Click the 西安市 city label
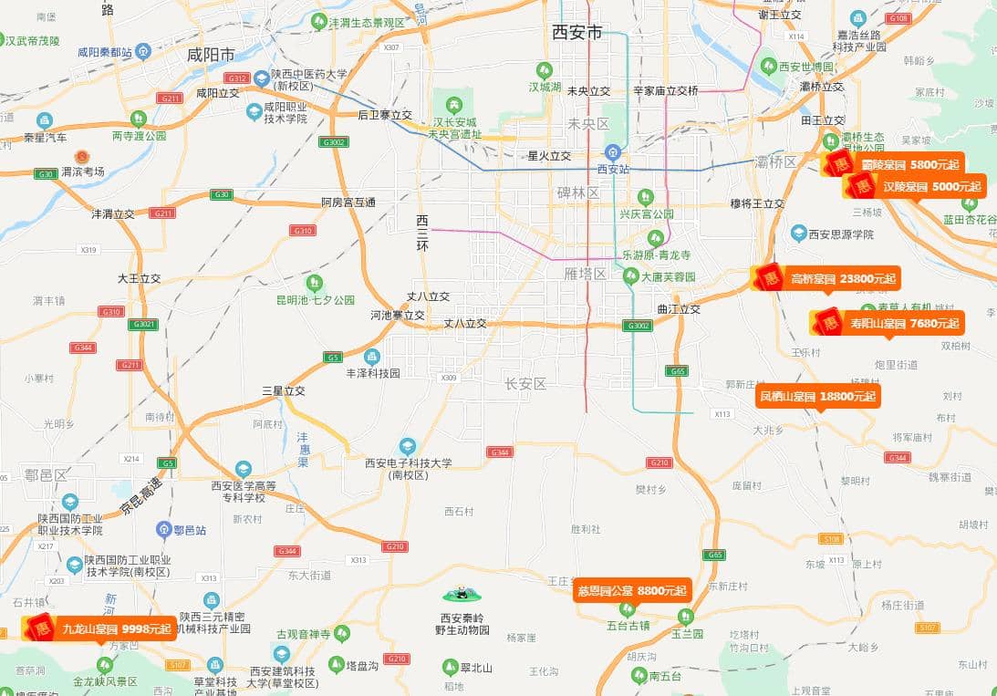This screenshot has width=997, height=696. [576, 33]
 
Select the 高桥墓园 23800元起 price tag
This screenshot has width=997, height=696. [826, 279]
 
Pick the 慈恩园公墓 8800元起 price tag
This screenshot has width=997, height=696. [632, 590]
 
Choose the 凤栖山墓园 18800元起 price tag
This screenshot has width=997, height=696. [817, 396]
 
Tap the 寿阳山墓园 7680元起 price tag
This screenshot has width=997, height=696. [887, 323]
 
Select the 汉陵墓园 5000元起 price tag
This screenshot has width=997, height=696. [915, 187]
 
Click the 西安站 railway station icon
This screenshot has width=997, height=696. [614, 152]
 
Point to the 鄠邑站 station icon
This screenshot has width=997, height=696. [163, 528]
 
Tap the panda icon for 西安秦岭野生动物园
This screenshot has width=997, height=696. [463, 596]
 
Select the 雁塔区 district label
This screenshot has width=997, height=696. [585, 274]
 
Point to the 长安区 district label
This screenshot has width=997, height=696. [525, 384]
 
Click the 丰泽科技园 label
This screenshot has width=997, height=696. [372, 373]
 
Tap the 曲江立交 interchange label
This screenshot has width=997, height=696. [679, 309]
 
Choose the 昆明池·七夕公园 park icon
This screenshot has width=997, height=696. [315, 283]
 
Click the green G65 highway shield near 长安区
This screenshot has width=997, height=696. [676, 371]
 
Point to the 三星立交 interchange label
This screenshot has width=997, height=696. [284, 390]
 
